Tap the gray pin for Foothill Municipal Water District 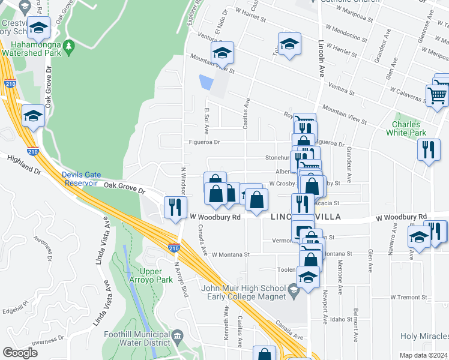[x=177, y=335]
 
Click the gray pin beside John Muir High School [x=293, y=293]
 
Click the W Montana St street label [x=230, y=254]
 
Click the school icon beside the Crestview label [x=39, y=28]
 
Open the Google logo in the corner [x=20, y=352]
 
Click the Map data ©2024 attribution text [x=423, y=355]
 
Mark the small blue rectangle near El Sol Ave [x=206, y=83]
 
